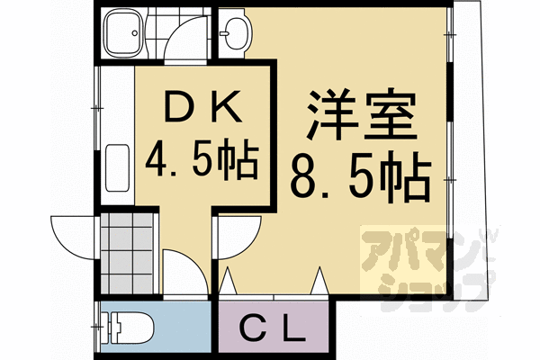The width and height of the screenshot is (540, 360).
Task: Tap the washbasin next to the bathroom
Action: tap(235, 33)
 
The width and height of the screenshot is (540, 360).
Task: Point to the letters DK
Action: tap(202, 110)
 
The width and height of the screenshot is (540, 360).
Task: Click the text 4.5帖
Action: tap(202, 162)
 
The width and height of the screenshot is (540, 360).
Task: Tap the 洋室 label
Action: tap(355, 112)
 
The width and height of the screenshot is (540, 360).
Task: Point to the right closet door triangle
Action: tap(319, 282)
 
